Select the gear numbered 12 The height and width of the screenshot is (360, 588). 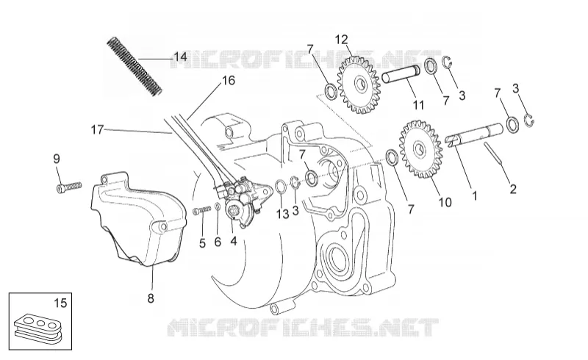(359, 84)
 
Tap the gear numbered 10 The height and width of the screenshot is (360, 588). (420, 149)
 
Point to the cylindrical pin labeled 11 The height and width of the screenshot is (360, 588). (401, 76)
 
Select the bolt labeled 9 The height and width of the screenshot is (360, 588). (69, 187)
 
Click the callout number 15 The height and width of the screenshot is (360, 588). (60, 303)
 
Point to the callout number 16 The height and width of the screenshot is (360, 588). (229, 80)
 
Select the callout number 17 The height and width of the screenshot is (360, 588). (97, 130)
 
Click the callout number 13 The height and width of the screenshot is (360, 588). (283, 214)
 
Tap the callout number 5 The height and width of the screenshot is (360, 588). (203, 243)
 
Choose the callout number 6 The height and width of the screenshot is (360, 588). (218, 242)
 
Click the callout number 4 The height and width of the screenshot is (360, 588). (234, 241)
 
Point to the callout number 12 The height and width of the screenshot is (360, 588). (341, 40)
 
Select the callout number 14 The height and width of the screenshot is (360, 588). (180, 57)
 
